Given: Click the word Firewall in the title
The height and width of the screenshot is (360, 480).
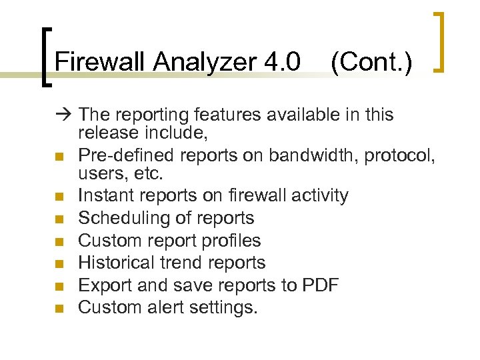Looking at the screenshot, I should click(101, 62).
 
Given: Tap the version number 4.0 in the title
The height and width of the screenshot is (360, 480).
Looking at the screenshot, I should click(282, 62).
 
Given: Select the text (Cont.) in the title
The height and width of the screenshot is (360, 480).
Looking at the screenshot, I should click(371, 62).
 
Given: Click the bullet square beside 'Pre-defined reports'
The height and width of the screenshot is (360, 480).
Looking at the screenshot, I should click(59, 157).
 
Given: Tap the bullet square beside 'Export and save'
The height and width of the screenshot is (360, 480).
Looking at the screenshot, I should click(59, 287).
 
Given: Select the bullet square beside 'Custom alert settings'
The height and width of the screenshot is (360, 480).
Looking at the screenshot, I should click(59, 309).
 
